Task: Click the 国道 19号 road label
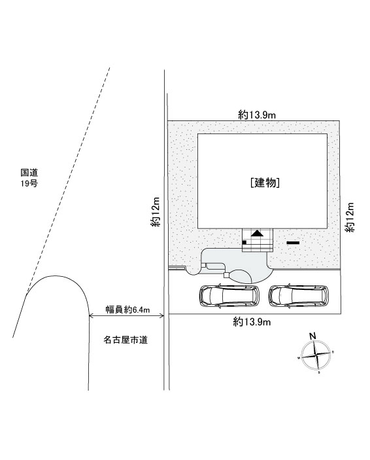tap(29, 178)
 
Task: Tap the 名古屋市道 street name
tap(126, 340)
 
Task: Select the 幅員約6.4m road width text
tap(128, 310)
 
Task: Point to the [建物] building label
tap(265, 183)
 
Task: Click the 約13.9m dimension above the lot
tap(257, 115)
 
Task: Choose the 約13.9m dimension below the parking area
tap(252, 323)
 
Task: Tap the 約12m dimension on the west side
tap(156, 211)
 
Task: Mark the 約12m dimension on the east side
tap(350, 217)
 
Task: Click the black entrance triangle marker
tap(258, 233)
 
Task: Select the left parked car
tap(229, 296)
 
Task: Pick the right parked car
tap(299, 296)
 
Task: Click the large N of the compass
tap(313, 336)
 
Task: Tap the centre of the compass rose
tap(316, 355)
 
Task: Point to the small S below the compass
tap(319, 372)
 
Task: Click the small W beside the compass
tap(299, 358)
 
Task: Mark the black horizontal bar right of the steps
tap(293, 243)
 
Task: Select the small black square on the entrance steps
tap(244, 242)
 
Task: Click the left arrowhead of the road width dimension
tap(91, 315)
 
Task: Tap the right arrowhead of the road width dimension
tap(161, 315)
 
